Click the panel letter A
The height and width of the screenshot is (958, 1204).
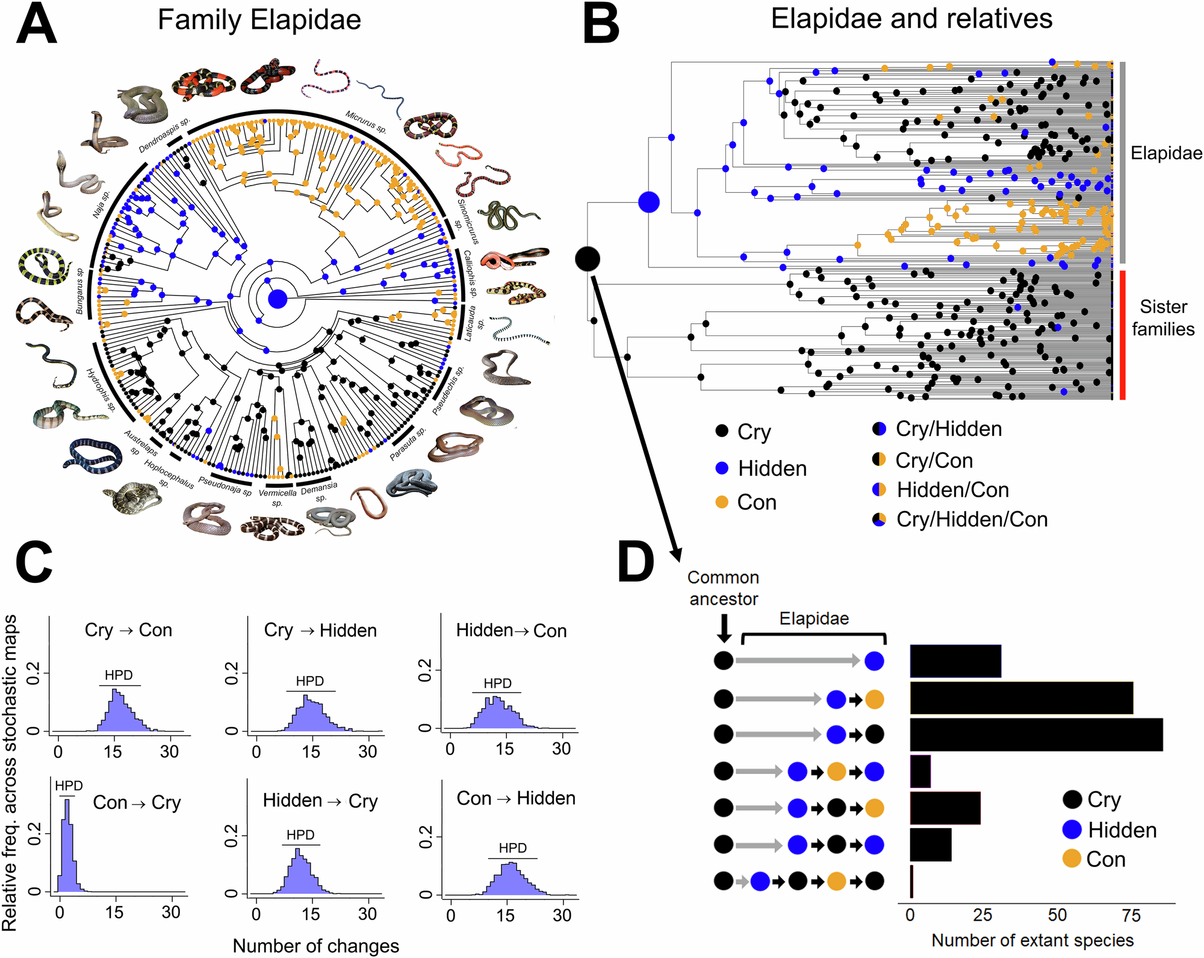36,24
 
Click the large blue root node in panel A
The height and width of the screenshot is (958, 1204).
278,299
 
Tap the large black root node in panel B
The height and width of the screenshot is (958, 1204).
588,259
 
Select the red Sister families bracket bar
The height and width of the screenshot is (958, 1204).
1122,335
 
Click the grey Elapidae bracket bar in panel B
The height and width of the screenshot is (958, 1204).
1122,163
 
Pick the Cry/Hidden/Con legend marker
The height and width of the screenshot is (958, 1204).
879,519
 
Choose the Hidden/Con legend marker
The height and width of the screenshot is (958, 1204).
879,490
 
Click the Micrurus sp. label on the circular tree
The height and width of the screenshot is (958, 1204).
365,122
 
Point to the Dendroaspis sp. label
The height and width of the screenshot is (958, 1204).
164,135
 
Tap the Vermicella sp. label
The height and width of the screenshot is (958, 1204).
278,497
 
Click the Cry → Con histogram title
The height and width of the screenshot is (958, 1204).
128,630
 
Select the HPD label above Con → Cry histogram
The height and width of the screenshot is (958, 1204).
69,786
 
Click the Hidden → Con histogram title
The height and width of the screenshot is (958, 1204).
511,630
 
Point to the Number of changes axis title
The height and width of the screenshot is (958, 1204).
315,945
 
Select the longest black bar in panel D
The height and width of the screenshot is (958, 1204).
1035,734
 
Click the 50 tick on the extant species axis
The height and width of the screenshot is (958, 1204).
1057,915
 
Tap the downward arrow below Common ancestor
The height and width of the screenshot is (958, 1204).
724,628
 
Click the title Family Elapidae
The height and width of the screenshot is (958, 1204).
259,20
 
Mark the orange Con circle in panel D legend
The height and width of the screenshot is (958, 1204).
1072,859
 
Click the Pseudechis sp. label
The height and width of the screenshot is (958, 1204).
448,391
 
